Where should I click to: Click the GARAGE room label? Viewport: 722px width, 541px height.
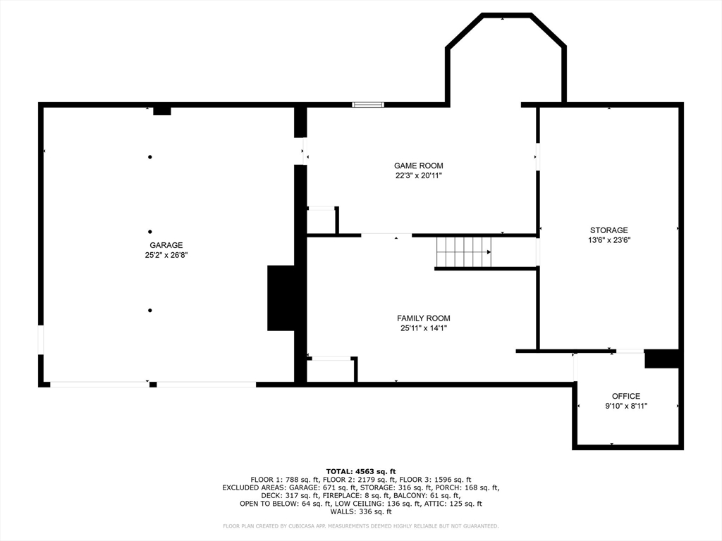pyautogui.click(x=166, y=245)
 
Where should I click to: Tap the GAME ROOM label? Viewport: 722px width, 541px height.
pyautogui.click(x=419, y=166)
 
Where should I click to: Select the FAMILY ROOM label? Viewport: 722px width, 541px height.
pyautogui.click(x=424, y=318)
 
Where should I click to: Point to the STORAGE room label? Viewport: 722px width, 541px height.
pyautogui.click(x=608, y=230)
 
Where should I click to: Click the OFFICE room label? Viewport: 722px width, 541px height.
pyautogui.click(x=626, y=396)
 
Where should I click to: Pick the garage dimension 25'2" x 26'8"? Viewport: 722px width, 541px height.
pyautogui.click(x=166, y=255)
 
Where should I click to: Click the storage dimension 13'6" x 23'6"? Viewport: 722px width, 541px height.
pyautogui.click(x=608, y=240)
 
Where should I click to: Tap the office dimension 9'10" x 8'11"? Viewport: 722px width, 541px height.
pyautogui.click(x=626, y=406)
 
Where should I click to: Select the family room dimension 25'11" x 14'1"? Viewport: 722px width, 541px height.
pyautogui.click(x=424, y=328)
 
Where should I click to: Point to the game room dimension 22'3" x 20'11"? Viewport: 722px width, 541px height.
pyautogui.click(x=419, y=175)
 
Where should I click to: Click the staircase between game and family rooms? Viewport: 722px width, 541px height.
pyautogui.click(x=464, y=252)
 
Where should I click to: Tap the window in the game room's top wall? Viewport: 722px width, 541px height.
pyautogui.click(x=368, y=105)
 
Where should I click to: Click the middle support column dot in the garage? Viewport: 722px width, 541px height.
pyautogui.click(x=149, y=232)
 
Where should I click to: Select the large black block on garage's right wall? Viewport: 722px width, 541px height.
pyautogui.click(x=281, y=298)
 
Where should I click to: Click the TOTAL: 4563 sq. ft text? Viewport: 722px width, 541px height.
pyautogui.click(x=361, y=471)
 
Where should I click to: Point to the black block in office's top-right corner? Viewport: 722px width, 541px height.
pyautogui.click(x=661, y=359)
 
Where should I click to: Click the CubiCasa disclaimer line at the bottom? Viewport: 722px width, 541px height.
pyautogui.click(x=360, y=526)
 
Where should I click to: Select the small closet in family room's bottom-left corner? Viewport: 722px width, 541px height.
pyautogui.click(x=331, y=370)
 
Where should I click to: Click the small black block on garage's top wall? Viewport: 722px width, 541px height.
pyautogui.click(x=162, y=111)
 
